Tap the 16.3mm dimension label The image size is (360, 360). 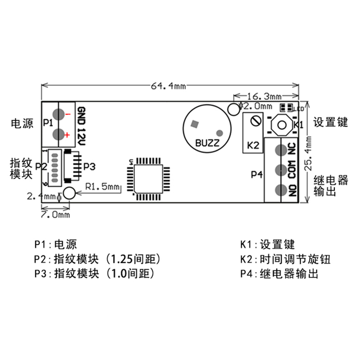tap(264, 96)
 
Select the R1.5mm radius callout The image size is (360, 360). tap(103, 186)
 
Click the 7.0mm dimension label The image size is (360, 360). tap(55, 215)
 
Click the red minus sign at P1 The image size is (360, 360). tap(67, 115)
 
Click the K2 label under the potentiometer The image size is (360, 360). tap(253, 146)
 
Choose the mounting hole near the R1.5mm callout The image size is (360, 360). tap(69, 193)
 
